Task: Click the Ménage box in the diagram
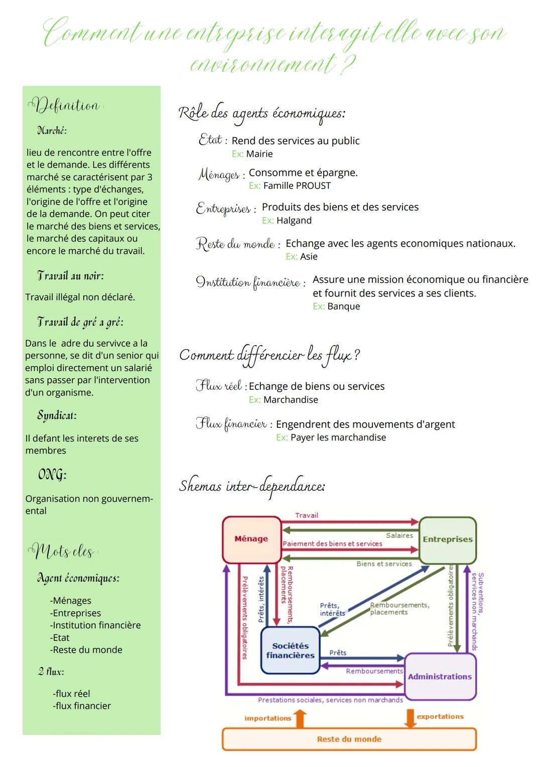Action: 251,539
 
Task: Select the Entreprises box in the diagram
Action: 447,539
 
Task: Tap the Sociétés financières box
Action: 290,650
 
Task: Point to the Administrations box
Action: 440,677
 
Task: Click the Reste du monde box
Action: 349,739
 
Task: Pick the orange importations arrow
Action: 300,718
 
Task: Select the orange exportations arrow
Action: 410,718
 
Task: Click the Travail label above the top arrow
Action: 307,515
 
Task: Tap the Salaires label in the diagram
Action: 399,535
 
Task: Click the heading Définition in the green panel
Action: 64,105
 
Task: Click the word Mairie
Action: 259,154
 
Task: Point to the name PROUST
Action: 314,186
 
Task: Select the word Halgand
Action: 294,221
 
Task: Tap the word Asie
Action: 309,257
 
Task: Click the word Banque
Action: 343,306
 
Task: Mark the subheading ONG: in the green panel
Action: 52,475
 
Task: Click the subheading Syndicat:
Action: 57,415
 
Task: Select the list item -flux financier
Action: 82,706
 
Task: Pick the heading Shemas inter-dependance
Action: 252,486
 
